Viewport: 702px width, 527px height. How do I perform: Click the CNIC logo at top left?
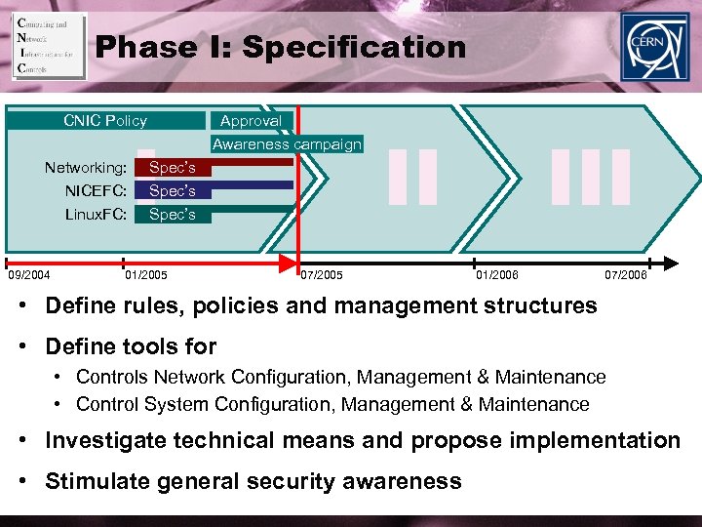click(x=49, y=46)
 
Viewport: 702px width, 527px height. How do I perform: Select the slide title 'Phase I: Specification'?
click(x=282, y=46)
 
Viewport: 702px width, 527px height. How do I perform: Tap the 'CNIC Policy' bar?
click(x=105, y=121)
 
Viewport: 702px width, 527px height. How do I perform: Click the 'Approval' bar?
click(x=251, y=121)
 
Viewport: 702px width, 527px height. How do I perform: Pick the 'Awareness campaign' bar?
click(x=287, y=144)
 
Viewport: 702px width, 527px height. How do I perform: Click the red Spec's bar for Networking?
click(x=173, y=168)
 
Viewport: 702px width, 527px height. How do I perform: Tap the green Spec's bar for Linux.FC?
click(x=173, y=214)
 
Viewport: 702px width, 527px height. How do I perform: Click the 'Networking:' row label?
click(x=86, y=168)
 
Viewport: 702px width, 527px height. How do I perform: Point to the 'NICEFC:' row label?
click(x=96, y=190)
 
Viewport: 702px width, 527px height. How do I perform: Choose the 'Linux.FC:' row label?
click(x=96, y=214)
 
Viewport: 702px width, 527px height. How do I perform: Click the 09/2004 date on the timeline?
click(x=29, y=275)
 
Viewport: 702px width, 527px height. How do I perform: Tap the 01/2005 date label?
click(x=147, y=275)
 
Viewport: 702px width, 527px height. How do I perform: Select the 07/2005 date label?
click(x=322, y=275)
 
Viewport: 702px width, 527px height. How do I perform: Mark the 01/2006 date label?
click(x=497, y=275)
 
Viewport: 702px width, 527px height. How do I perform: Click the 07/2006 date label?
click(x=625, y=275)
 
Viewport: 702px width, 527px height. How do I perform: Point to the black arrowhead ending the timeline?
click(x=670, y=262)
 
